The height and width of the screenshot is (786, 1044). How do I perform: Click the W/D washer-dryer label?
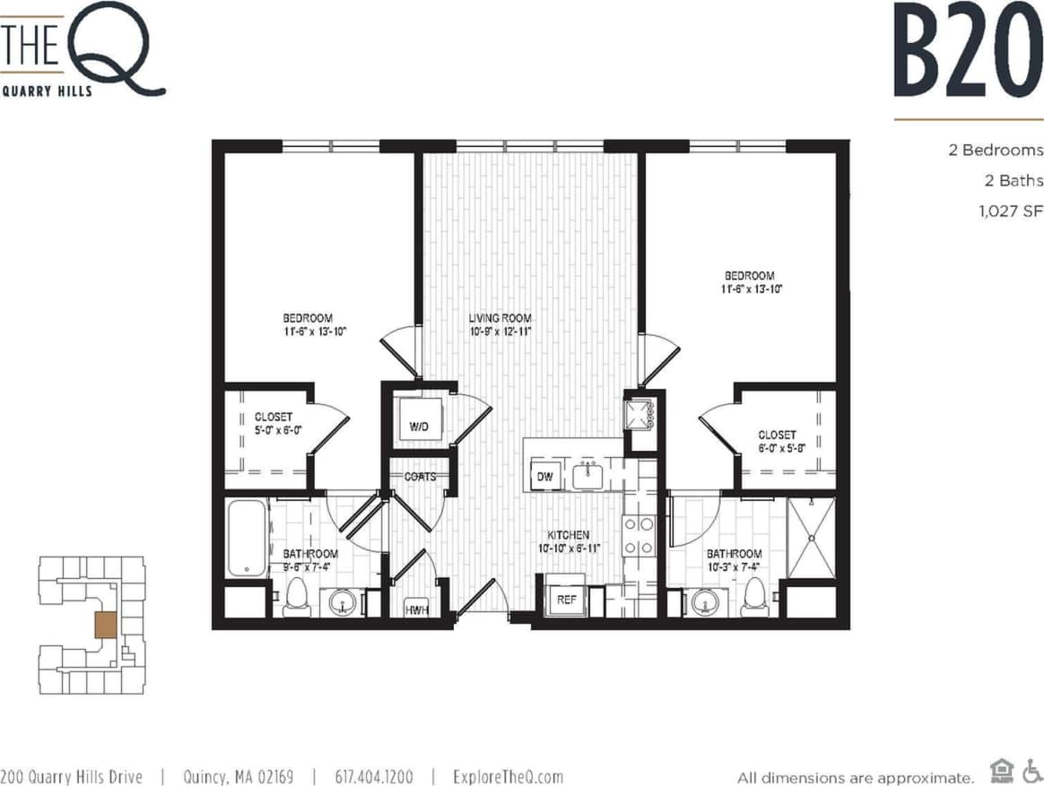point(419,427)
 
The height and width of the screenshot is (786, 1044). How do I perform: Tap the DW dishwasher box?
point(545,477)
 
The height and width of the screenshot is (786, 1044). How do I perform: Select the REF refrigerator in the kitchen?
point(566,599)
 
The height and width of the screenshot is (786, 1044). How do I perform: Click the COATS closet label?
point(420,476)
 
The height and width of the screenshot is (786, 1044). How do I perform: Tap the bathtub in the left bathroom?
point(247,538)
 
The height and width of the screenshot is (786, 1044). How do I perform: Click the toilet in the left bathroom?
point(296,599)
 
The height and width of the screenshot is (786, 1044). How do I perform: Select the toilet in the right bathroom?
point(754,597)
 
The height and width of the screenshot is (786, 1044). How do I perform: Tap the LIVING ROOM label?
point(500,318)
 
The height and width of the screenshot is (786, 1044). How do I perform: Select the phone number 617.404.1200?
point(374,776)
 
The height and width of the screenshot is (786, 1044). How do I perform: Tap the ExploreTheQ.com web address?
point(508,776)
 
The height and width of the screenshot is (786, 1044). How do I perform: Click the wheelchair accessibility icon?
point(1031,770)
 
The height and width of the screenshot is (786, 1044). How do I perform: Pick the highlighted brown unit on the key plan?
point(105,625)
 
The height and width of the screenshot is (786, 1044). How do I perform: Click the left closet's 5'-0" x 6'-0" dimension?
point(278,430)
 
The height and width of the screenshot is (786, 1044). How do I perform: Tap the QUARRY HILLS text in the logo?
point(47,91)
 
